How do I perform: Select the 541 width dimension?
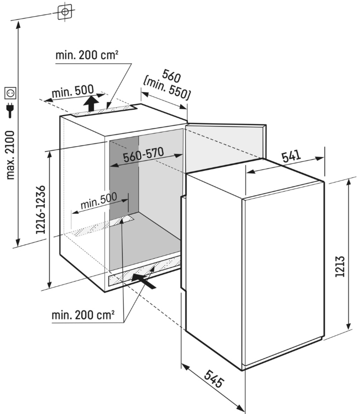pyautogui.click(x=293, y=157)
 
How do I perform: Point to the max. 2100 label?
pyautogui.click(x=12, y=154)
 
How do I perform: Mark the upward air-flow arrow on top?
pyautogui.click(x=91, y=104)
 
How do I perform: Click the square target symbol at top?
pyautogui.click(x=65, y=11)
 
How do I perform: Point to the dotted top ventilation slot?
pyautogui.click(x=104, y=110)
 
